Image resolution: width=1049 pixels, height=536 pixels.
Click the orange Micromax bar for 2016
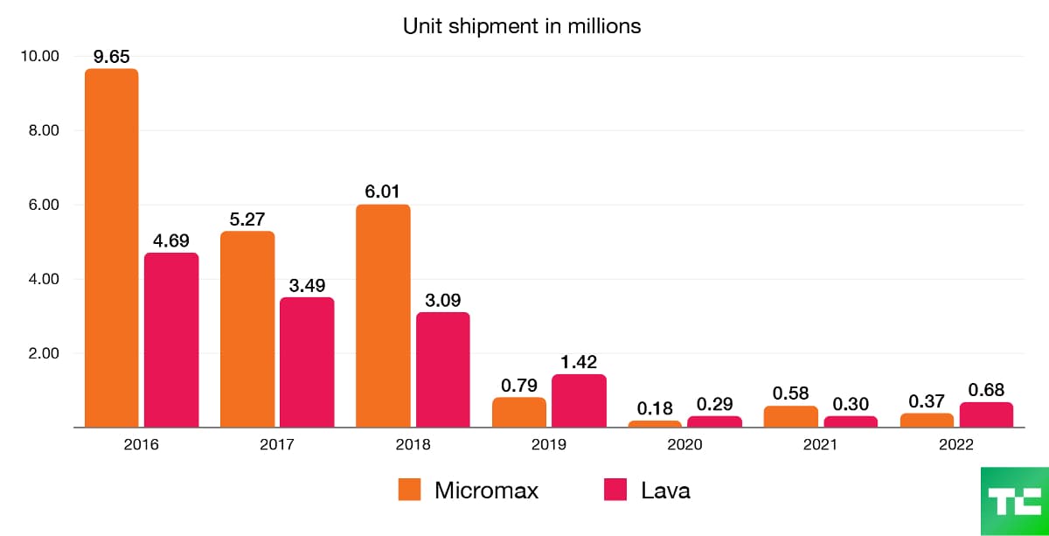click(x=111, y=248)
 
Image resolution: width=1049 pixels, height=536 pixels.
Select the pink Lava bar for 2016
click(x=171, y=340)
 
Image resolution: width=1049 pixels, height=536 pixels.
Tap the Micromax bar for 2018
click(x=383, y=316)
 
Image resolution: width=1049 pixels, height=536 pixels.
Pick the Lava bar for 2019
click(x=579, y=401)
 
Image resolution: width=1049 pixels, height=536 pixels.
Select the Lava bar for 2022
click(x=986, y=415)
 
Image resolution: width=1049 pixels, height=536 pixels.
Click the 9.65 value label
click(x=111, y=58)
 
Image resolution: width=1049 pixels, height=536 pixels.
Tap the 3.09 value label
click(x=442, y=301)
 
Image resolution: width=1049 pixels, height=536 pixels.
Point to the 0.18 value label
click(x=655, y=408)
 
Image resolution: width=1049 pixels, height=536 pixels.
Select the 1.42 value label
click(x=579, y=363)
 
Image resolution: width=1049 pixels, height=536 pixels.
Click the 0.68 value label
click(x=986, y=390)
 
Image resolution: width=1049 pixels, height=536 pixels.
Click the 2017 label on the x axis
click(x=277, y=444)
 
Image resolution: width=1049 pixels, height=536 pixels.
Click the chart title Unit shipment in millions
click(x=522, y=26)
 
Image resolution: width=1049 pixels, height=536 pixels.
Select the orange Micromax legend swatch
click(x=409, y=491)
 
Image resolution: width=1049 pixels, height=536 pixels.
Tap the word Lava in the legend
click(x=665, y=491)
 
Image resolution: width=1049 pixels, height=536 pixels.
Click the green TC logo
click(x=1014, y=501)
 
